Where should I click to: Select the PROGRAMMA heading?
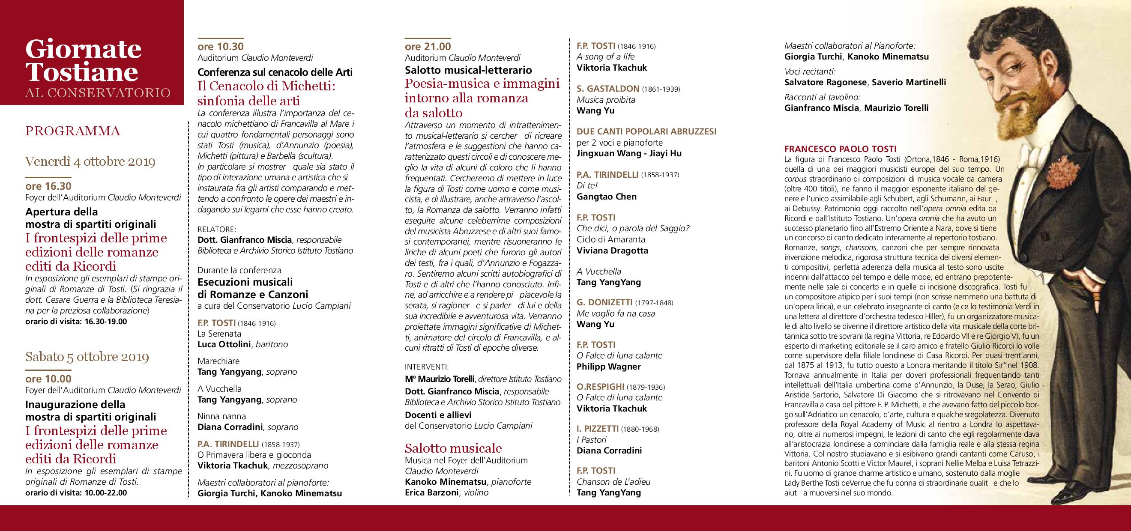point(72,131)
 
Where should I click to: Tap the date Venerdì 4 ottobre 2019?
point(90,162)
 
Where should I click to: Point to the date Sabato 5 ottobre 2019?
point(87,356)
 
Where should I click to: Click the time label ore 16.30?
point(48,187)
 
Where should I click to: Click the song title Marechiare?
point(218,361)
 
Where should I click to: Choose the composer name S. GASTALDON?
point(607,89)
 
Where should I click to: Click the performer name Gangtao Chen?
point(606,197)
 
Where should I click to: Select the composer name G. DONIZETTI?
point(604,302)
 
